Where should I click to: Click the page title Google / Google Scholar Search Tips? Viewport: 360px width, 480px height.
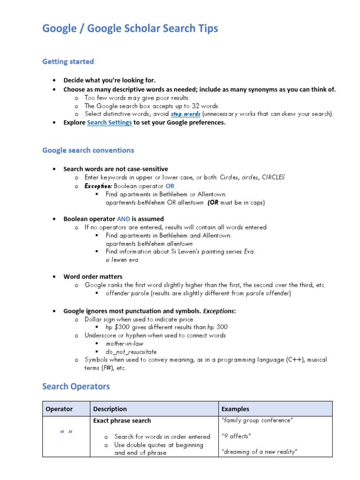click(130, 29)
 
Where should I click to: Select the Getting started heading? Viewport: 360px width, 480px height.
click(68, 61)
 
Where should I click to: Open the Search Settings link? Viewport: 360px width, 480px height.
click(109, 122)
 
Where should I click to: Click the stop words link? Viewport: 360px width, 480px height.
click(186, 114)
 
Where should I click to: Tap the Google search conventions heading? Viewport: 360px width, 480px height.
click(88, 150)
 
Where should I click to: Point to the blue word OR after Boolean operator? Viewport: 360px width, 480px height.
click(170, 186)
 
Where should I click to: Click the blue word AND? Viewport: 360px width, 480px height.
click(123, 218)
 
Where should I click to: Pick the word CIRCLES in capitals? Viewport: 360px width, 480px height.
click(273, 177)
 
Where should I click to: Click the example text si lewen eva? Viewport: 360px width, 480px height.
click(122, 260)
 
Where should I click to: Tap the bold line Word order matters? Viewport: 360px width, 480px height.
click(93, 277)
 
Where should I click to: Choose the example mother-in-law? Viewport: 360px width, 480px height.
click(124, 344)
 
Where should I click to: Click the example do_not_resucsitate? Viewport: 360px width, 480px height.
click(131, 352)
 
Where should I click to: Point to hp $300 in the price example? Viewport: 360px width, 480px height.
click(117, 327)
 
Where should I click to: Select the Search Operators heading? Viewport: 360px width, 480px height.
click(76, 386)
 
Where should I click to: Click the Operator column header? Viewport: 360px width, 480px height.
click(59, 409)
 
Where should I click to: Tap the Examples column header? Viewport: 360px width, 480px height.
click(235, 409)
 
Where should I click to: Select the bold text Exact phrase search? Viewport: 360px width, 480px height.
click(122, 420)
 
